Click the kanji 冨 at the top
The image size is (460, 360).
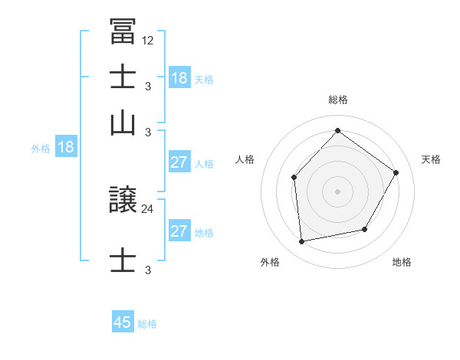pos(123,32)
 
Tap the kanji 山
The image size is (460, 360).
pos(123,123)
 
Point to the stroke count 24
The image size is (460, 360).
pos(148,208)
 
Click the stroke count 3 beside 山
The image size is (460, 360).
pos(148,133)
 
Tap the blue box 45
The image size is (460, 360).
pos(123,322)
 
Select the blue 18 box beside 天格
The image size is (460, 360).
pos(179,78)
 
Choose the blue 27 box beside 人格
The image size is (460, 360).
pos(179,162)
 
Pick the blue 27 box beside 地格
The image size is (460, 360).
pos(179,231)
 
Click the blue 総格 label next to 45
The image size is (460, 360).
pos(147,324)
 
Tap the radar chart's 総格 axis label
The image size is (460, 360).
pos(338,100)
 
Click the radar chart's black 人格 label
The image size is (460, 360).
pos(245,159)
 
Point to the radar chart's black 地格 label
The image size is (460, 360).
pos(402,262)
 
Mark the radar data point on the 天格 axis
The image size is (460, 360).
pos(396,172)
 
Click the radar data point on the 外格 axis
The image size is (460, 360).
pos(302,242)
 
